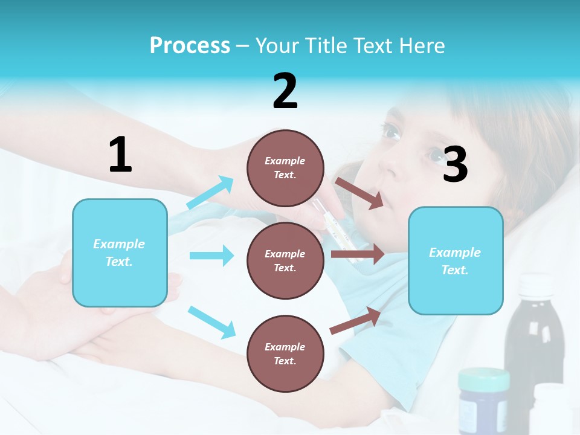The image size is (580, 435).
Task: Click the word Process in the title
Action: (190, 45)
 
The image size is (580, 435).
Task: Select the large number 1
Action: (120, 155)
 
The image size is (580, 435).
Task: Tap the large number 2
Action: (285, 91)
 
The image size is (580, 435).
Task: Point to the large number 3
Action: (455, 164)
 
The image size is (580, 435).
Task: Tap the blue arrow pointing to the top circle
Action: (210, 193)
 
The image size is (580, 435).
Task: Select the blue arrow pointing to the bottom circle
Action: (211, 322)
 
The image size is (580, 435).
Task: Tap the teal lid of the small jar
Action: (483, 379)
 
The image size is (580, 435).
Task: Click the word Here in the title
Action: (423, 45)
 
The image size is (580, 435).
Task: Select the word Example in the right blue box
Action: (455, 253)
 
